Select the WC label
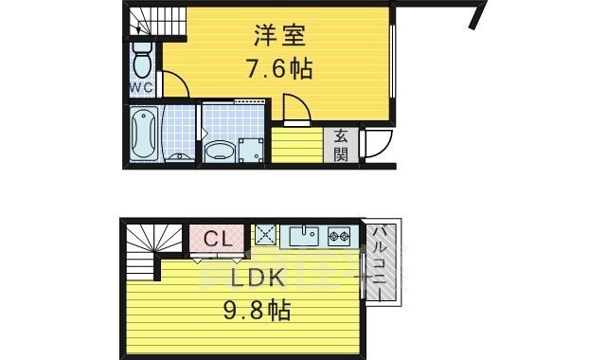point(142,87)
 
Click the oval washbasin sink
point(221,150)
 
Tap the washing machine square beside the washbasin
point(252,150)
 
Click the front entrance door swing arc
point(377,142)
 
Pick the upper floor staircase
point(148,20)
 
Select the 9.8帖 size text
point(258,310)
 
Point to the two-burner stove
point(340,234)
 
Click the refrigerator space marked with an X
point(264,234)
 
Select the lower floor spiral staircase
point(147,248)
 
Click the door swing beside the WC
point(176,85)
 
